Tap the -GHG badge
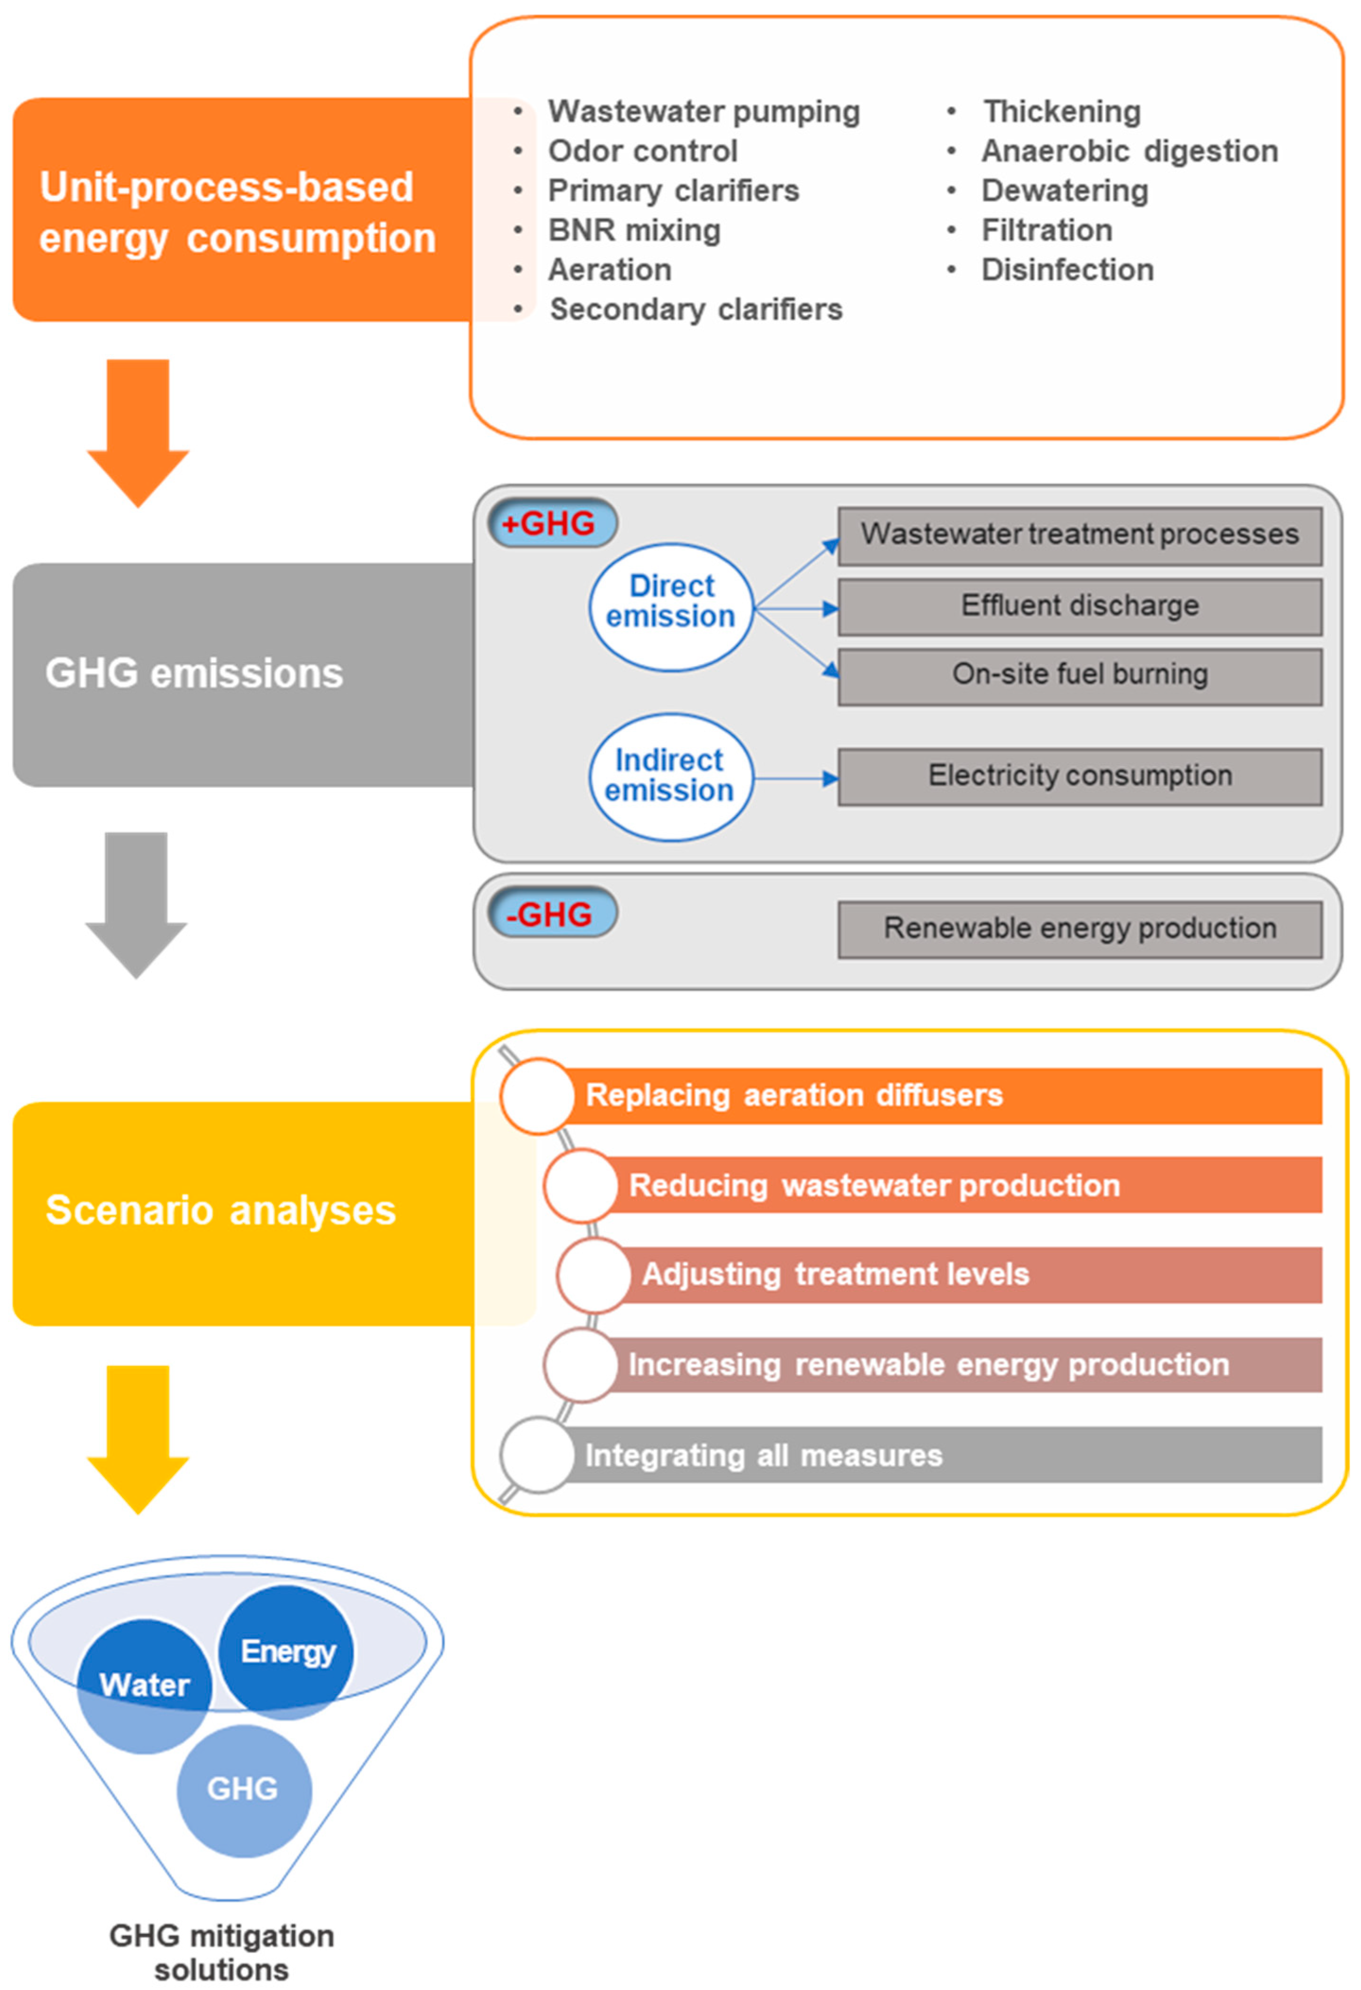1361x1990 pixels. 553,913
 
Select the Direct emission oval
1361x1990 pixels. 671,606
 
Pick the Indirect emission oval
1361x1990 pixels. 671,776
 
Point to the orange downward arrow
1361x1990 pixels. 138,433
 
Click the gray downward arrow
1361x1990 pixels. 136,905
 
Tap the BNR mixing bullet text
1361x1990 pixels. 634,230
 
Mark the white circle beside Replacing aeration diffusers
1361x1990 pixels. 537,1096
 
